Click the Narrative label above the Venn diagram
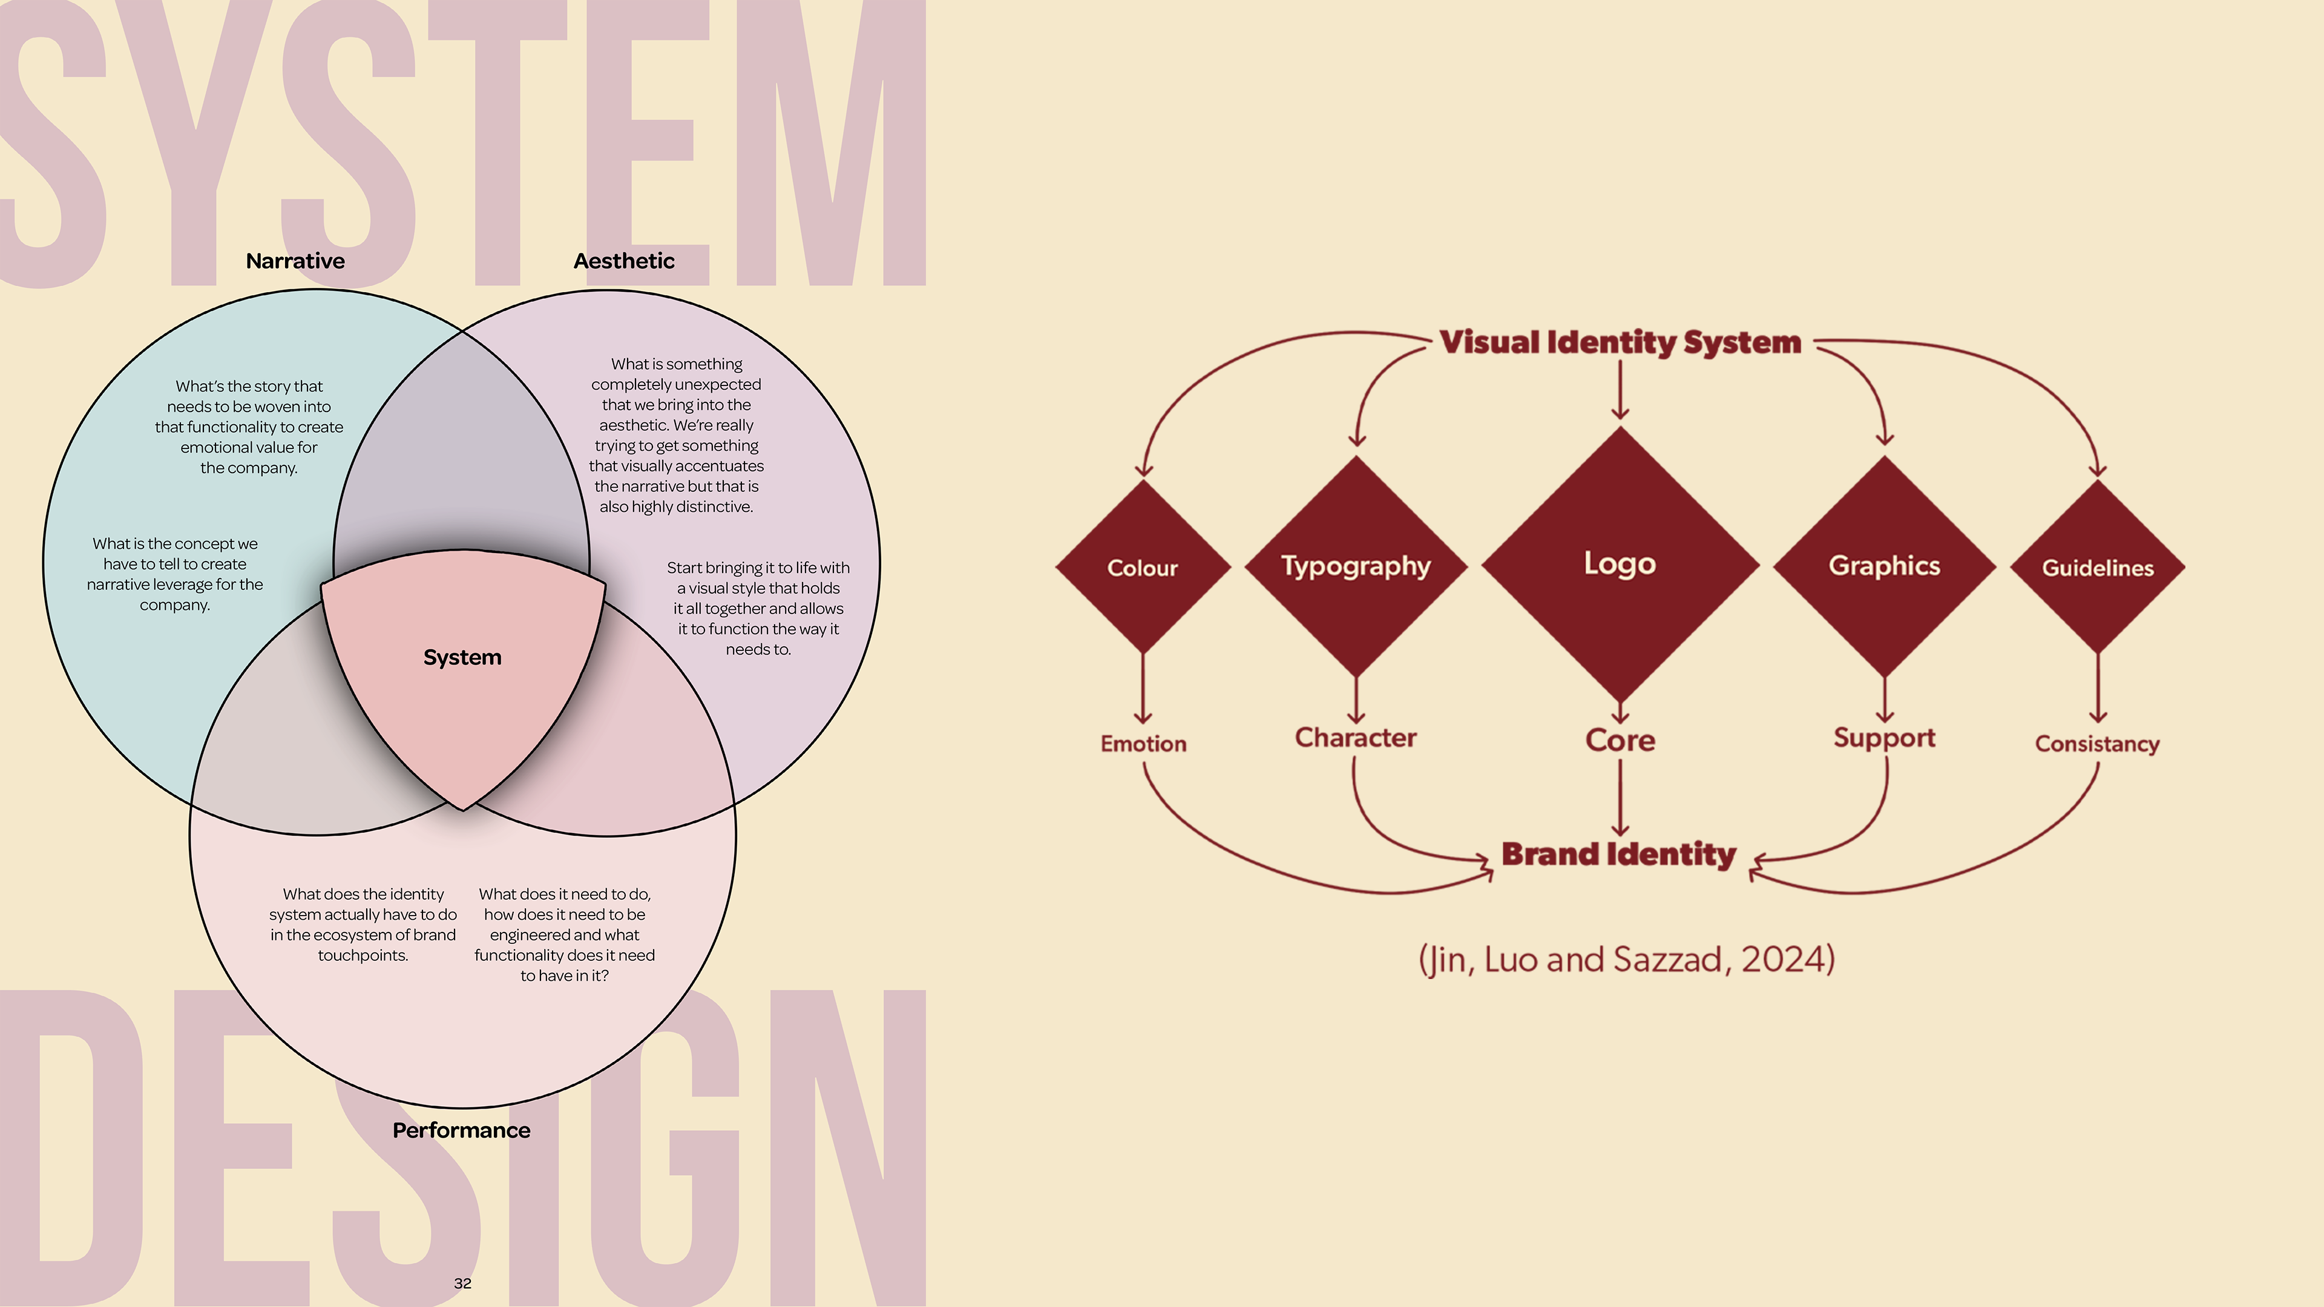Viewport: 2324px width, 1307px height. (295, 261)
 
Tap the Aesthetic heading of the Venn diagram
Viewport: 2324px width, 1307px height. (623, 261)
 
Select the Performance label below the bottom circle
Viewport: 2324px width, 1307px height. (461, 1130)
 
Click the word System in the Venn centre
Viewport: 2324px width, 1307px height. (462, 658)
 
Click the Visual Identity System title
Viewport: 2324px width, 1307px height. (1620, 342)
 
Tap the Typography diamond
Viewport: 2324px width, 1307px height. (1356, 566)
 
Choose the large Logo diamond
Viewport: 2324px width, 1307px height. (1620, 564)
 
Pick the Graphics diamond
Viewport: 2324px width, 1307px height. (1884, 566)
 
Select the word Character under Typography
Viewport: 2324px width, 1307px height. (1355, 738)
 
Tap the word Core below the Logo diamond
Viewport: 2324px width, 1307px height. (1620, 741)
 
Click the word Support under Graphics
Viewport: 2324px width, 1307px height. (1884, 738)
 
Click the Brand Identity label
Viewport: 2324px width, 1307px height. (1618, 854)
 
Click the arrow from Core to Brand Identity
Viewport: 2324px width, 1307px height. (1620, 798)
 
